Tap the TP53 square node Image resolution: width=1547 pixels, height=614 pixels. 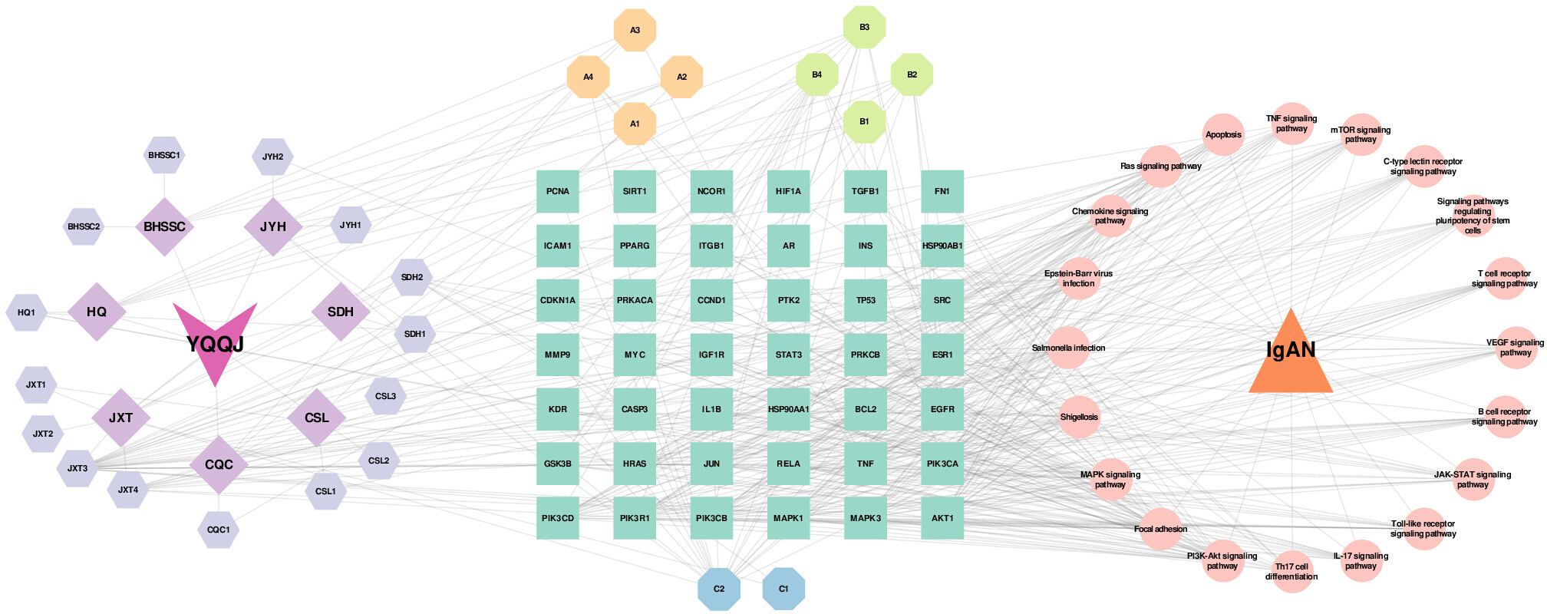pos(866,300)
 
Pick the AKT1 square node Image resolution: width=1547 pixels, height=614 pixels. pos(942,518)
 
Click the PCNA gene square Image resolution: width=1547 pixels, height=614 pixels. pos(558,191)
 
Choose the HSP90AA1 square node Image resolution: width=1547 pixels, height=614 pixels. pos(789,409)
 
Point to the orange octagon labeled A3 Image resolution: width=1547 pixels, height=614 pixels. pos(635,30)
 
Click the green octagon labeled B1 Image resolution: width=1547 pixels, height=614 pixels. pos(865,121)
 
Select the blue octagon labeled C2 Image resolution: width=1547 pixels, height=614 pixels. pos(719,589)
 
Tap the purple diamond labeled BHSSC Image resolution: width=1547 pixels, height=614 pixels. pos(164,226)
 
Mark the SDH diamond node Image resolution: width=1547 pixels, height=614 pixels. pos(341,312)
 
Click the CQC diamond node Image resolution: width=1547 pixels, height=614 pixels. pos(219,464)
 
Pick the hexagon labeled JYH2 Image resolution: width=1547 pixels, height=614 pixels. pos(272,157)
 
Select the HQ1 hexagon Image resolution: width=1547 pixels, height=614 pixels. pos(26,312)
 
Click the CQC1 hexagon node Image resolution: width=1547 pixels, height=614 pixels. pos(219,530)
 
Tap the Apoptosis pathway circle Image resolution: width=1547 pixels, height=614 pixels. pos(1223,134)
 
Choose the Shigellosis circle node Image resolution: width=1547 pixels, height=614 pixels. pos(1079,417)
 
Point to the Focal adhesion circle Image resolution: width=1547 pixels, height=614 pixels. pos(1161,529)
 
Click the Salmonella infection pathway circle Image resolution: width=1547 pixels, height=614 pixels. pos(1068,348)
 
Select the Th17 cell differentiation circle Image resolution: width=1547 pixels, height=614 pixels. pos(1292,572)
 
